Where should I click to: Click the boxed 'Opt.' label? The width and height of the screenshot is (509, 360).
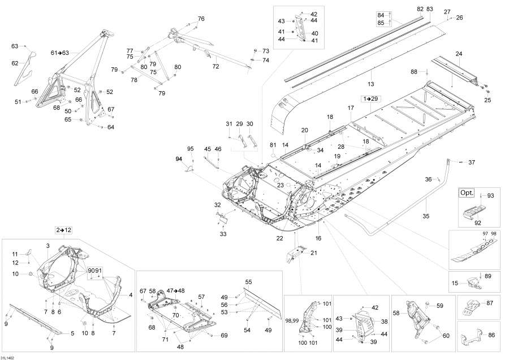[x=467, y=194]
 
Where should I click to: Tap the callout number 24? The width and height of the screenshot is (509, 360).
[x=459, y=54]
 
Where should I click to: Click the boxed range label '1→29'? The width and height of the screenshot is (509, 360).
[x=370, y=98]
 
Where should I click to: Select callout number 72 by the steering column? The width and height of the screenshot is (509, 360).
[x=215, y=67]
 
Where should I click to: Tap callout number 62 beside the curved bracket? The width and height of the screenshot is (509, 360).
[x=15, y=63]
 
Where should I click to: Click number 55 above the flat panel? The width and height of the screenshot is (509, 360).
[x=248, y=282]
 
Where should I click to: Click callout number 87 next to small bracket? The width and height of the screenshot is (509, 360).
[x=490, y=303]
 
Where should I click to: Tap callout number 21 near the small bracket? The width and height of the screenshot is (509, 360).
[x=314, y=252]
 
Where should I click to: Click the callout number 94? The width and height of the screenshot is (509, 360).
[x=179, y=160]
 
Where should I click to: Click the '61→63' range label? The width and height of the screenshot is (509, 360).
[x=59, y=53]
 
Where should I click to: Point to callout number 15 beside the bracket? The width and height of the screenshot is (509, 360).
[x=454, y=282]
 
